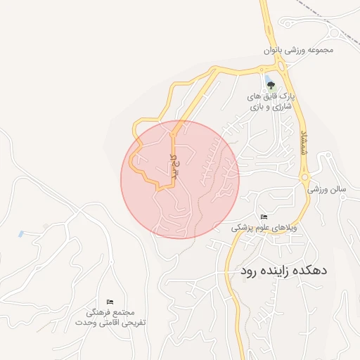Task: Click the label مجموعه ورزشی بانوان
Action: coord(297,50)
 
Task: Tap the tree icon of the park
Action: coord(270,86)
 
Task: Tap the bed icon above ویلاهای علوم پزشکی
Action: coord(264,216)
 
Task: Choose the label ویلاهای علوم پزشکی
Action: coord(264,228)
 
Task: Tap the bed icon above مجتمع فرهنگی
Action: coord(109,302)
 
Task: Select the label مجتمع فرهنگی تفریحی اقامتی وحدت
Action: coord(110,317)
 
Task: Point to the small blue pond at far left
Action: coord(21,233)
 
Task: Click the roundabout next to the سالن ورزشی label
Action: coord(307,177)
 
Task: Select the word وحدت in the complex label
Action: coord(87,323)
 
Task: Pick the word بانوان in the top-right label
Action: coord(276,50)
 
